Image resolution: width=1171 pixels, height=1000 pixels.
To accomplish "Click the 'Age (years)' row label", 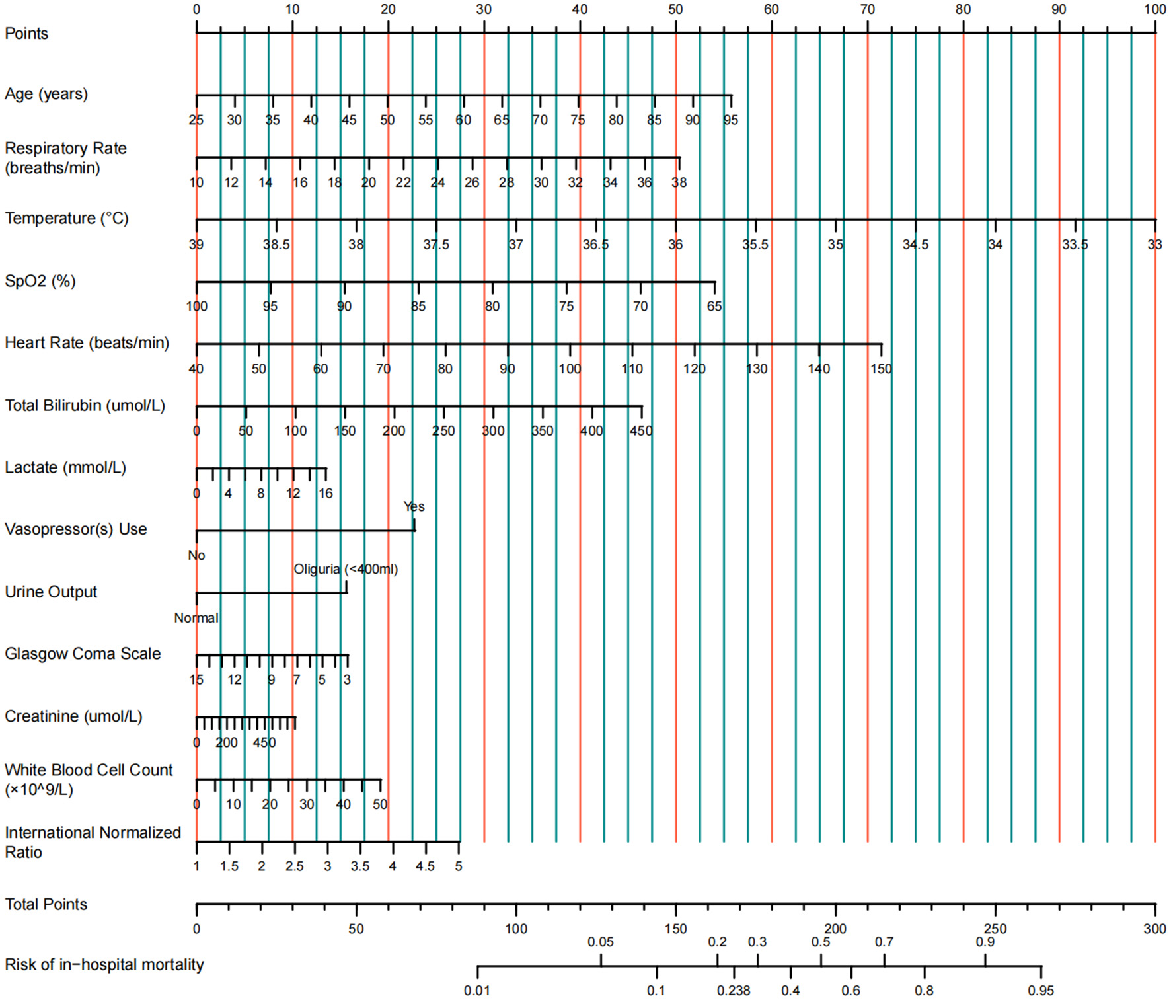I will click(46, 94).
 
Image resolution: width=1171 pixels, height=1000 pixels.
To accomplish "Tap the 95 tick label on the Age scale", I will click(730, 120).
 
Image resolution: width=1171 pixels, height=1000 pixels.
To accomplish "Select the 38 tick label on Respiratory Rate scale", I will click(679, 183).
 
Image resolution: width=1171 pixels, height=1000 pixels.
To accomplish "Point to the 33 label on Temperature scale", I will click(1154, 245).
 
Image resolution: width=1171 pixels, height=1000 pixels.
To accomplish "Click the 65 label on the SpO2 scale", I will click(714, 307).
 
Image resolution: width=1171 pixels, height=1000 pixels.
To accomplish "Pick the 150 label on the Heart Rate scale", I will click(881, 369).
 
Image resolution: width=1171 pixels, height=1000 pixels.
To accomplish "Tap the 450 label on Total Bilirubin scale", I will click(640, 431).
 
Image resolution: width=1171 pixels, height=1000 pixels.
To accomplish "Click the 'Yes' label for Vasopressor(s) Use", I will click(414, 506).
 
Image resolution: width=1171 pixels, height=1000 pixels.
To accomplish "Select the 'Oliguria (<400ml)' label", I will click(346, 569).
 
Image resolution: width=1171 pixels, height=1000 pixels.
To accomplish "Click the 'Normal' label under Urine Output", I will click(196, 618).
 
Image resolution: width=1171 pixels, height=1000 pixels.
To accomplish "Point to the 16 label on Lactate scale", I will click(326, 494).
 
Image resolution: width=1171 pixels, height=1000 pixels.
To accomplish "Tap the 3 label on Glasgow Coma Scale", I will click(347, 680).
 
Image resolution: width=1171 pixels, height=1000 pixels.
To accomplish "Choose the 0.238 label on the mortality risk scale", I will click(734, 991).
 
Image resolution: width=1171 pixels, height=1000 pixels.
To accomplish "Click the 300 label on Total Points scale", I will click(1154, 929).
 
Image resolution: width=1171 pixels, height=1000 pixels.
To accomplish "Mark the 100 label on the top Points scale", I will click(1154, 9).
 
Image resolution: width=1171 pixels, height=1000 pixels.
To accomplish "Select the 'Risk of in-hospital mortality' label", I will click(104, 965).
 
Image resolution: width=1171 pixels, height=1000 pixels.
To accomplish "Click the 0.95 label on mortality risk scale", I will click(1041, 991).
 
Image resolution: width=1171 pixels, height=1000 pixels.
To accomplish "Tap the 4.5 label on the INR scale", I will click(425, 866).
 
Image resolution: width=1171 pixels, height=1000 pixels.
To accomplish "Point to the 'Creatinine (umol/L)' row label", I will click(73, 716).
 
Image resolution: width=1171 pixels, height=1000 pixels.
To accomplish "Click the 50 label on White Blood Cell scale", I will click(380, 804).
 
